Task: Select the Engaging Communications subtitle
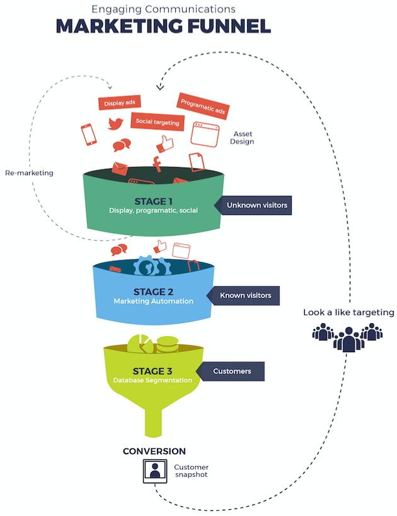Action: tap(163, 8)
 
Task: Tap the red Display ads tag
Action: tap(118, 103)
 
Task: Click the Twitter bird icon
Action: tap(115, 123)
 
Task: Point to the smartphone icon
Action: tap(88, 134)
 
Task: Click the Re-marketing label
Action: tap(29, 173)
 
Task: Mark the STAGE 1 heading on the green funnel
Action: tap(153, 200)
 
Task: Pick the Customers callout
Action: tap(231, 371)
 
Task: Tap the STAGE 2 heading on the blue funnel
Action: tap(152, 292)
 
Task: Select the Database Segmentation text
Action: tap(153, 380)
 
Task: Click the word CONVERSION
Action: tap(154, 451)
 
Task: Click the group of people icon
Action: tap(347, 337)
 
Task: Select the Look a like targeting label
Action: tap(348, 312)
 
